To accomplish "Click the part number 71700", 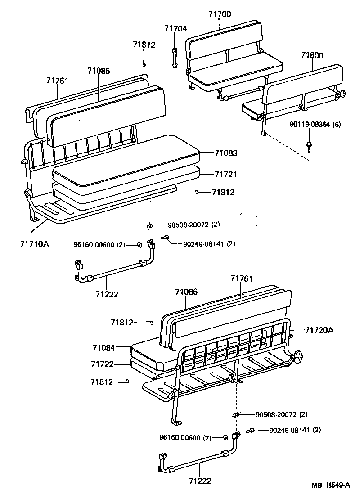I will (x=220, y=14).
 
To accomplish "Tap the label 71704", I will (x=175, y=29).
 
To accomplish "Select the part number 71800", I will (x=313, y=55).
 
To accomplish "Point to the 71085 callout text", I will (x=99, y=71).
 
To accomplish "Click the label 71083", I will (x=226, y=153).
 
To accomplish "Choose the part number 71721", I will (x=226, y=174).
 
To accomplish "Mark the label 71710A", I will (x=34, y=244).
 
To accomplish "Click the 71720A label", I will (x=319, y=330).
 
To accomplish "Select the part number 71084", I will (x=104, y=348).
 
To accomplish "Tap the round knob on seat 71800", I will (x=342, y=94).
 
